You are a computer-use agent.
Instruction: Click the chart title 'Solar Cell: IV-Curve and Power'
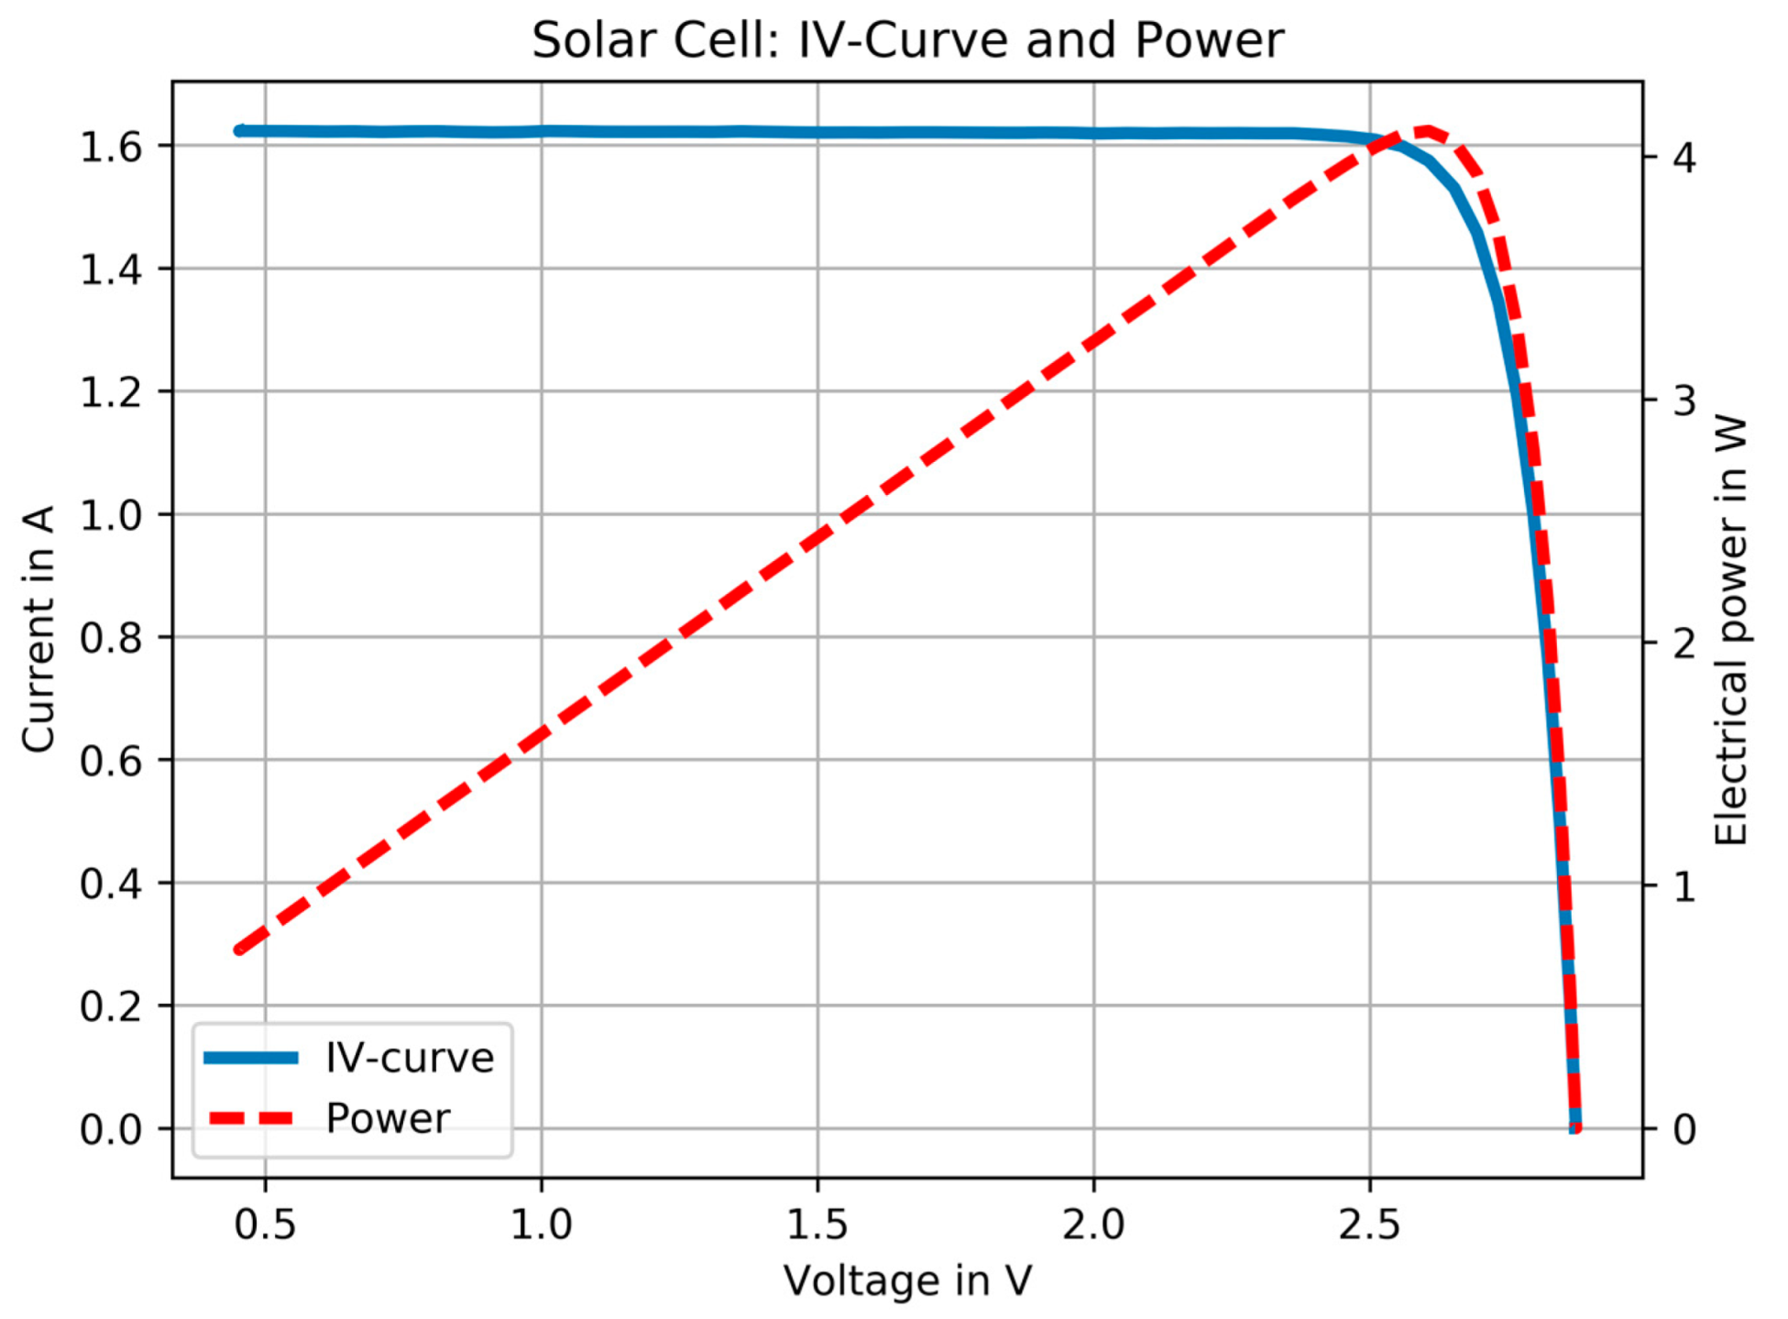click(x=907, y=40)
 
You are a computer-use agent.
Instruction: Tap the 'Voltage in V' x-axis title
click(x=907, y=1281)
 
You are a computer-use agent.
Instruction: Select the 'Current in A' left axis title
click(x=38, y=629)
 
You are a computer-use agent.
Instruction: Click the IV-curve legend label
click(x=410, y=1058)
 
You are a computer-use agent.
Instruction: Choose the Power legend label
click(x=388, y=1118)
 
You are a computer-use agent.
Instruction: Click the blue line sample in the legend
click(x=251, y=1058)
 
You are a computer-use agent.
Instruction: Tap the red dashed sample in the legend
click(x=251, y=1118)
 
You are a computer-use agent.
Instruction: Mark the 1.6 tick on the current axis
click(x=111, y=147)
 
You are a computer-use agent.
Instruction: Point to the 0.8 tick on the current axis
click(x=111, y=638)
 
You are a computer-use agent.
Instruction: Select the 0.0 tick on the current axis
click(x=111, y=1129)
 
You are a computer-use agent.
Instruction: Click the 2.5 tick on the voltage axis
click(x=1369, y=1225)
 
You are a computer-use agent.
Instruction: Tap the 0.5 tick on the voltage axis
click(x=265, y=1225)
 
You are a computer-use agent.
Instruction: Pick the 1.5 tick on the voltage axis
click(x=817, y=1225)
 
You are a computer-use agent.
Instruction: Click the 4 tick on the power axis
click(x=1684, y=158)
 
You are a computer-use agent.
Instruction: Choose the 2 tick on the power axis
click(x=1684, y=643)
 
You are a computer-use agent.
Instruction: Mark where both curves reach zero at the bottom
click(x=1574, y=1127)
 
